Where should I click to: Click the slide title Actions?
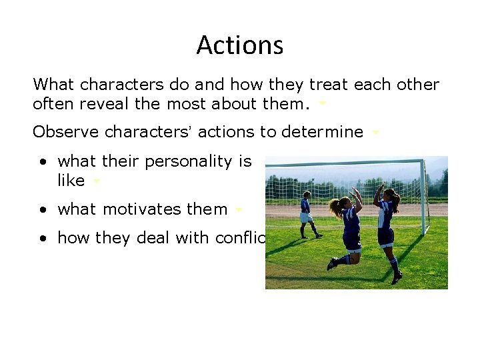click(240, 45)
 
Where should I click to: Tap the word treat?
click(327, 85)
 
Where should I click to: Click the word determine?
click(322, 132)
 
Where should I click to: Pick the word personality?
click(176, 161)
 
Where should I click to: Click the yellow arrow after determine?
click(375, 133)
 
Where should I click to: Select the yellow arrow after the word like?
click(97, 181)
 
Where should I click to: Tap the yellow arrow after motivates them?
click(238, 210)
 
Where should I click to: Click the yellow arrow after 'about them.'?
click(323, 105)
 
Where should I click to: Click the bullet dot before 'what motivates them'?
click(42, 210)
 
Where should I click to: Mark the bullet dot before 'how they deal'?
click(42, 239)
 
